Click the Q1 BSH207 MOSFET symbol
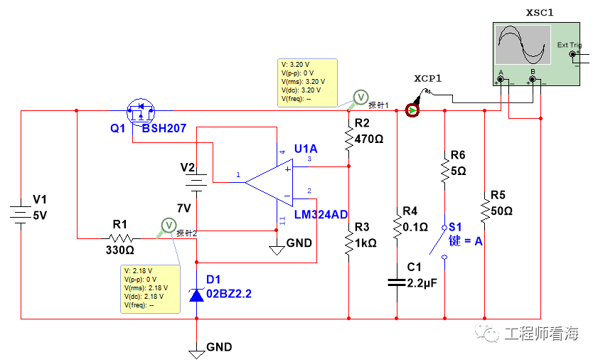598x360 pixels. pyautogui.click(x=140, y=112)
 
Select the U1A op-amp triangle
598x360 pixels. pyautogui.click(x=269, y=183)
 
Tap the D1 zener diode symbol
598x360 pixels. pyautogui.click(x=196, y=295)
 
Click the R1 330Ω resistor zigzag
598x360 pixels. pyautogui.click(x=120, y=238)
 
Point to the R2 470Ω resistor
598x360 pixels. pyautogui.click(x=348, y=139)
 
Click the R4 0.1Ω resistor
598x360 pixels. pyautogui.click(x=397, y=227)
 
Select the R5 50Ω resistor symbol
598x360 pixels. pyautogui.click(x=485, y=211)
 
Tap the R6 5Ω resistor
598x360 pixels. pyautogui.click(x=444, y=171)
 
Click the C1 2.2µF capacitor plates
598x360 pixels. pyautogui.click(x=397, y=282)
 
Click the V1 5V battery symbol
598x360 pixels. pyautogui.click(x=21, y=215)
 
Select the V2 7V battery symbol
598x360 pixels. pyautogui.click(x=196, y=182)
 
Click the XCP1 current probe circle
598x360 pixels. pyautogui.click(x=412, y=111)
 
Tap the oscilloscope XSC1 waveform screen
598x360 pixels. pyautogui.click(x=523, y=45)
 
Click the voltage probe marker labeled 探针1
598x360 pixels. pyautogui.click(x=360, y=97)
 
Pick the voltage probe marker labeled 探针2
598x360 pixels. pyautogui.click(x=169, y=226)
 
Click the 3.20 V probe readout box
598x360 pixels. pyautogui.click(x=307, y=83)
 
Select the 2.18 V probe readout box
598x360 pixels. pyautogui.click(x=150, y=289)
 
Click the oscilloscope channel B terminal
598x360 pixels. pyautogui.click(x=533, y=80)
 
